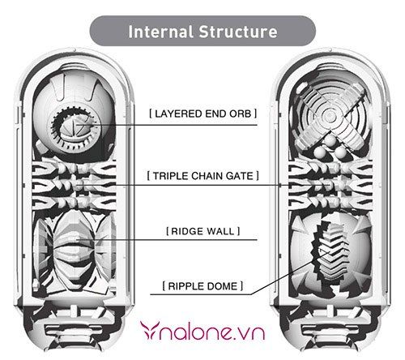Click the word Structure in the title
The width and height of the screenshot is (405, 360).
point(238,32)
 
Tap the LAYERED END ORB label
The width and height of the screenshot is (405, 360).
point(203,114)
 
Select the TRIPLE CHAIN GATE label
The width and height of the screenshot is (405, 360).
point(203,176)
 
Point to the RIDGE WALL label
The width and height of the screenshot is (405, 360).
point(203,231)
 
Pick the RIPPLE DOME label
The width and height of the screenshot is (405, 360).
point(203,286)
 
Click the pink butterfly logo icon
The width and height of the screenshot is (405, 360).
point(150,330)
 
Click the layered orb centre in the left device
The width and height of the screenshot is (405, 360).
point(76,126)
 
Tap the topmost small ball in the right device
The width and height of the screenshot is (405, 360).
point(330,140)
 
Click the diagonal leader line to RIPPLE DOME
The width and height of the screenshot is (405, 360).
point(290,273)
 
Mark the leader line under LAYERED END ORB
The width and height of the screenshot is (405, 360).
point(167,125)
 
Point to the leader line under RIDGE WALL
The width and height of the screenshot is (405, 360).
point(167,240)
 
